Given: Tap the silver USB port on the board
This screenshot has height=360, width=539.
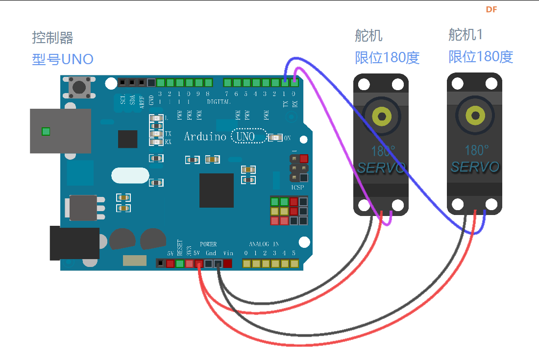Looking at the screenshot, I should point(60,131).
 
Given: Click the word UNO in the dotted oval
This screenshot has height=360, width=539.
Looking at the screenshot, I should point(245,137).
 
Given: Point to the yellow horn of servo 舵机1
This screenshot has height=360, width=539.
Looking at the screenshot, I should point(475,116).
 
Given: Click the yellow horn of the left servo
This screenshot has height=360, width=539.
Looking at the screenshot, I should point(381,116).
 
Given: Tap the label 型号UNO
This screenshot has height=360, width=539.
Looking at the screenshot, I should point(63,59).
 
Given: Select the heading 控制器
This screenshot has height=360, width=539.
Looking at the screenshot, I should point(52,38).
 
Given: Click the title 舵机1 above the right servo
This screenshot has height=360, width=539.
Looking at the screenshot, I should point(465,34).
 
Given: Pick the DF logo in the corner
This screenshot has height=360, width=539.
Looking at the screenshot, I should point(491,9).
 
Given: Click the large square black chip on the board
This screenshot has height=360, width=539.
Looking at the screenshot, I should point(216,190).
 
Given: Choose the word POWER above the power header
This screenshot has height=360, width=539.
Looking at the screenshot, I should point(208,244).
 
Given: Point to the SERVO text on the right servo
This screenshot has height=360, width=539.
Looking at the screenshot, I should point(475,167).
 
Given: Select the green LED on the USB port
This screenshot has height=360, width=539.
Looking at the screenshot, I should point(46,131).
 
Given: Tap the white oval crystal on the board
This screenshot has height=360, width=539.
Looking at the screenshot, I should point(130,175).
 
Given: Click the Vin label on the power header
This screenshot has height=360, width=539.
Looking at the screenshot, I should point(228,253).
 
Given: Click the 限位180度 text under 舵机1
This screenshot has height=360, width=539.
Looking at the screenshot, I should point(481,57).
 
